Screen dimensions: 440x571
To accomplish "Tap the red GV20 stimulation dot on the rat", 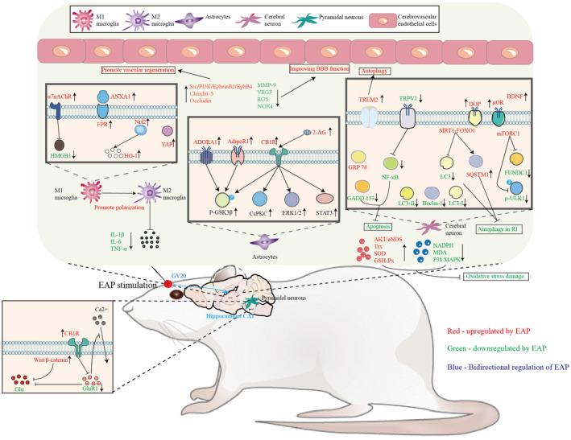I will [x=166, y=284].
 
